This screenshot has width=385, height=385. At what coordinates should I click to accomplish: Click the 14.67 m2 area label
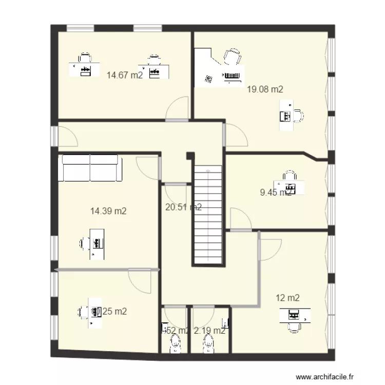(x=125, y=75)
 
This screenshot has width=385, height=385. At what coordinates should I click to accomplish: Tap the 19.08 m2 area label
(x=265, y=89)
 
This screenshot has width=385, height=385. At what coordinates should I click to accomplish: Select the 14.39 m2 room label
(x=108, y=210)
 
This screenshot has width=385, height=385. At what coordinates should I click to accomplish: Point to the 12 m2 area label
(x=287, y=298)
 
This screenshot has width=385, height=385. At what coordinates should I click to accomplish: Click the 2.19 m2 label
(x=209, y=331)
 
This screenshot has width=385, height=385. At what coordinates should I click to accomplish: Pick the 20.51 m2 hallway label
(x=183, y=207)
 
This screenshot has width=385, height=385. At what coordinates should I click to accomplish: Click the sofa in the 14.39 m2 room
(x=91, y=168)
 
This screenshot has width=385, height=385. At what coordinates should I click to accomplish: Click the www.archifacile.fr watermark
(x=329, y=377)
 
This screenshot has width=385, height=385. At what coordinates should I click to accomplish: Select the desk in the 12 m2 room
(x=295, y=315)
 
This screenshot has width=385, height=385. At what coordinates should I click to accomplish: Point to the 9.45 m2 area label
(x=276, y=193)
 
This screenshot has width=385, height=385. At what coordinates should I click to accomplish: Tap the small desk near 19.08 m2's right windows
(x=284, y=115)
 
